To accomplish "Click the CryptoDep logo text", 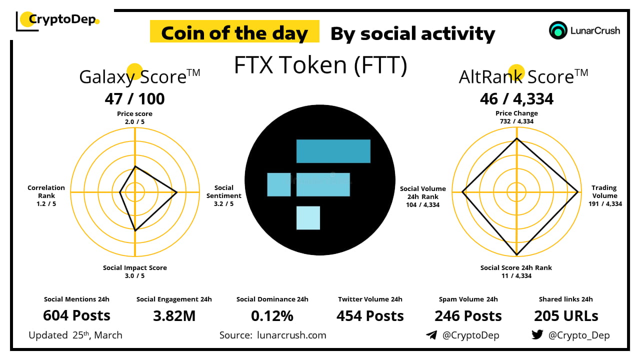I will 61,19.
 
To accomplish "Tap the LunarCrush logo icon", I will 558,30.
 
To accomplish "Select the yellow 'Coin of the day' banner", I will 234,32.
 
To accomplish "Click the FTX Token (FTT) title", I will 320,65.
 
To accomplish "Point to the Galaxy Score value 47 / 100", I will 134,99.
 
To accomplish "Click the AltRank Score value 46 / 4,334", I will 516,99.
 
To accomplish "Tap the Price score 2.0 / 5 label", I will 134,117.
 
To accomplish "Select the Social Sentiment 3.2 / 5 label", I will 224,195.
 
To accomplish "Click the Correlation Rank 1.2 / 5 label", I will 46,195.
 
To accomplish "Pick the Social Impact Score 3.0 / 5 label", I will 135,271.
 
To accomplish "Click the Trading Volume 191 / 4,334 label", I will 605,195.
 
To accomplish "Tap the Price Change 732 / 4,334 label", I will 516,117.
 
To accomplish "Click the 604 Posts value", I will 76,315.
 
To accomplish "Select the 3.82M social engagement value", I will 174,315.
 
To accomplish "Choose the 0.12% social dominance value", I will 272,315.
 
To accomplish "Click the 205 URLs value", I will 566,315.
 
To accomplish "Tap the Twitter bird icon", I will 537,335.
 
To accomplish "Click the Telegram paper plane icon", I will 431,335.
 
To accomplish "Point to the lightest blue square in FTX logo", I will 308,217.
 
